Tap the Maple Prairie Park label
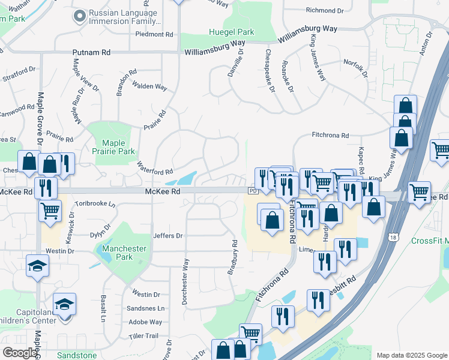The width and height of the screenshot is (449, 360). click(x=118, y=147)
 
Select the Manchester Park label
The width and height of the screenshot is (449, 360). click(x=124, y=253)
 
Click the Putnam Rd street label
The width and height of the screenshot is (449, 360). click(x=91, y=53)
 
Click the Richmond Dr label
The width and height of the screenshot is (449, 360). click(x=325, y=10)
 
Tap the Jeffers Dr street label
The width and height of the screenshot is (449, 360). click(x=167, y=236)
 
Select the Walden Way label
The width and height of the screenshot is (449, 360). click(x=149, y=86)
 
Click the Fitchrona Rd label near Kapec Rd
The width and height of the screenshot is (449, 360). click(x=330, y=136)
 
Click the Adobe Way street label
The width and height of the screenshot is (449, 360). click(x=146, y=322)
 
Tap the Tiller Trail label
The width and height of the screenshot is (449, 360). click(x=142, y=335)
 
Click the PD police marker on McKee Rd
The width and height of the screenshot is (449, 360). click(x=252, y=191)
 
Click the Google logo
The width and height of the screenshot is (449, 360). click(x=20, y=353)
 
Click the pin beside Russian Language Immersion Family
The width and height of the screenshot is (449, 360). click(x=79, y=16)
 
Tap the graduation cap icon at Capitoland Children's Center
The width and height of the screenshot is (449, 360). click(x=64, y=304)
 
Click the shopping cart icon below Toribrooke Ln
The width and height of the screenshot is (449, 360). click(x=50, y=210)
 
